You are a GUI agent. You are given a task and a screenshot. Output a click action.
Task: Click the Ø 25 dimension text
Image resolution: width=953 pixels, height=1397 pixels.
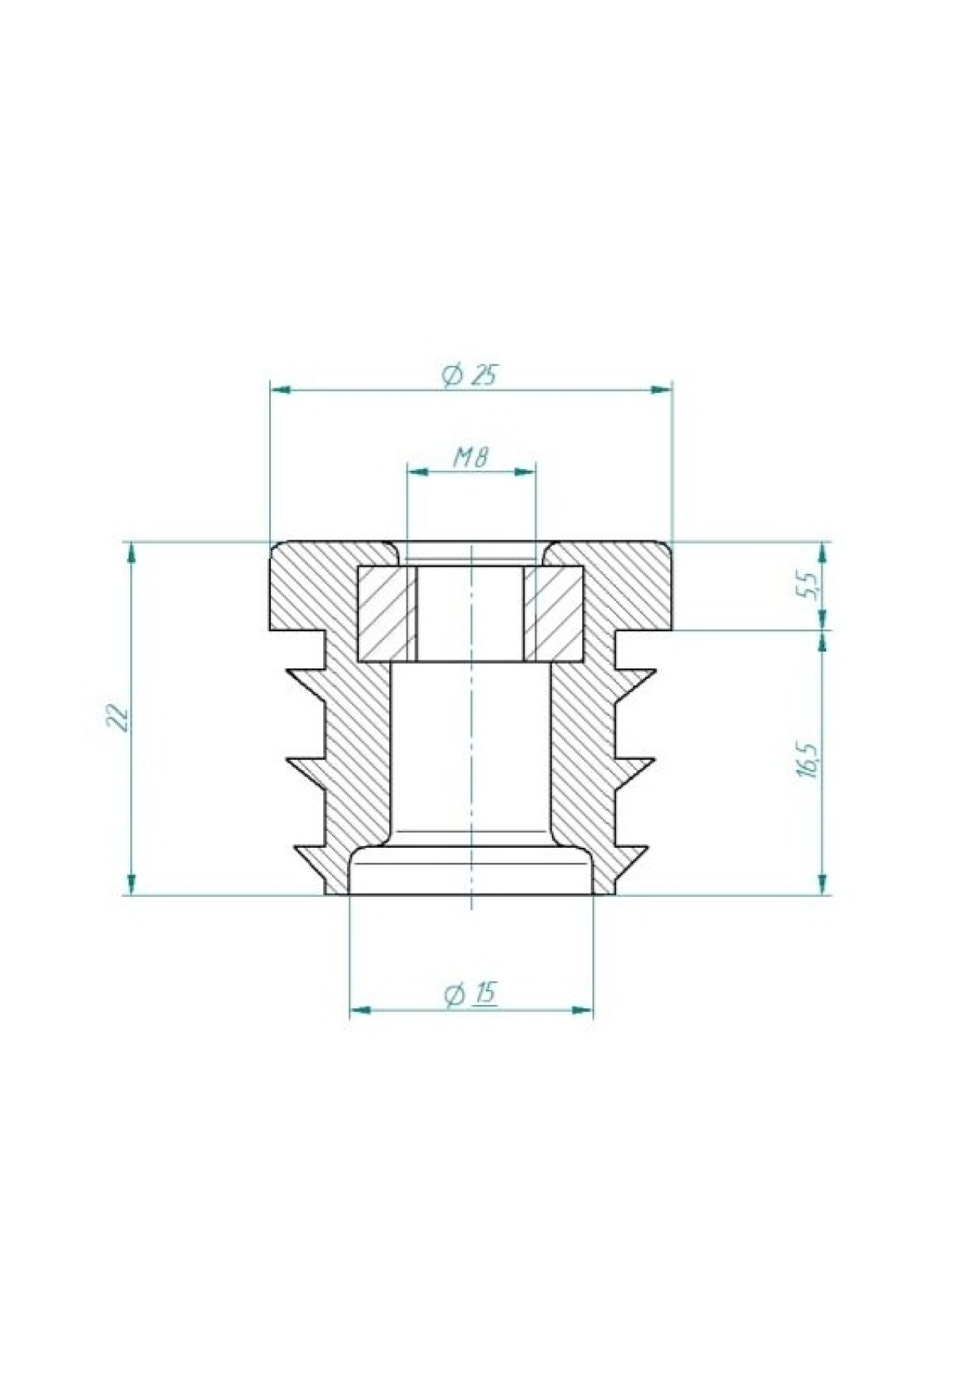click(470, 374)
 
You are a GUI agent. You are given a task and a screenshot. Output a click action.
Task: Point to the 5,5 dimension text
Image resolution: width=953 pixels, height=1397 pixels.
click(808, 586)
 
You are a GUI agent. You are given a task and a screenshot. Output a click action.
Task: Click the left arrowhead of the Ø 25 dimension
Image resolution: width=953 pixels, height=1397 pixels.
click(282, 390)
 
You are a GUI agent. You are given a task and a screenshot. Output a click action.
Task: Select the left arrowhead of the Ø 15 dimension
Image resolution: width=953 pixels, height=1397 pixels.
click(361, 1010)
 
